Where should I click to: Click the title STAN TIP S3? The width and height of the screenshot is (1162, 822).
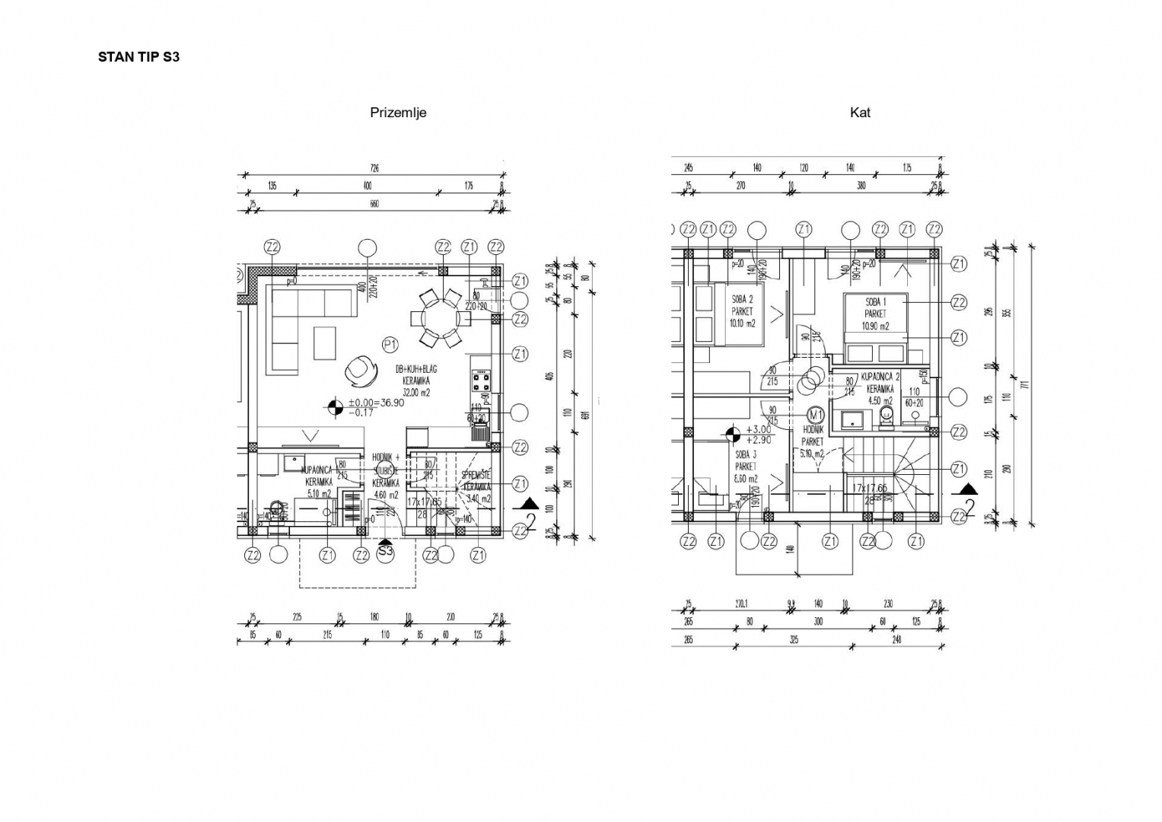pyautogui.click(x=138, y=57)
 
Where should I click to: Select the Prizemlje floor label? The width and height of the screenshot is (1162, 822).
pyautogui.click(x=398, y=113)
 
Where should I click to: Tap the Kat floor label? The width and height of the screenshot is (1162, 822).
pyautogui.click(x=860, y=113)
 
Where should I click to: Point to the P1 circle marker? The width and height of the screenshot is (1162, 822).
pyautogui.click(x=390, y=346)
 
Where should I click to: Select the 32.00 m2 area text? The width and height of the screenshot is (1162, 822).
pyautogui.click(x=416, y=393)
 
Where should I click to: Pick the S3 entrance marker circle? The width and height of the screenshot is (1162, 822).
pyautogui.click(x=385, y=551)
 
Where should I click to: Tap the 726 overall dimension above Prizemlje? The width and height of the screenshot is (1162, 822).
pyautogui.click(x=374, y=168)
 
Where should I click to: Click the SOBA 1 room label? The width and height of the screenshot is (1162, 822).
pyautogui.click(x=875, y=302)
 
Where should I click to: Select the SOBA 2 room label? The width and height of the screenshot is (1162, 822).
pyautogui.click(x=742, y=299)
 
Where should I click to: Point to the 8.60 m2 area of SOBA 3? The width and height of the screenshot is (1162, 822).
pyautogui.click(x=746, y=479)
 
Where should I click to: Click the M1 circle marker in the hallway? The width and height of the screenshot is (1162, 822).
pyautogui.click(x=816, y=415)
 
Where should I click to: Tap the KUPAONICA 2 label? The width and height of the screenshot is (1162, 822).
pyautogui.click(x=880, y=377)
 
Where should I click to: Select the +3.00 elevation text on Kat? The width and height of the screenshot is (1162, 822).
pyautogui.click(x=758, y=429)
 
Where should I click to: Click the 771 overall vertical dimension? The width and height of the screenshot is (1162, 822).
pyautogui.click(x=1024, y=384)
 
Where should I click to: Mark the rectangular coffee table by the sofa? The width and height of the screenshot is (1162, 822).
pyautogui.click(x=325, y=343)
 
